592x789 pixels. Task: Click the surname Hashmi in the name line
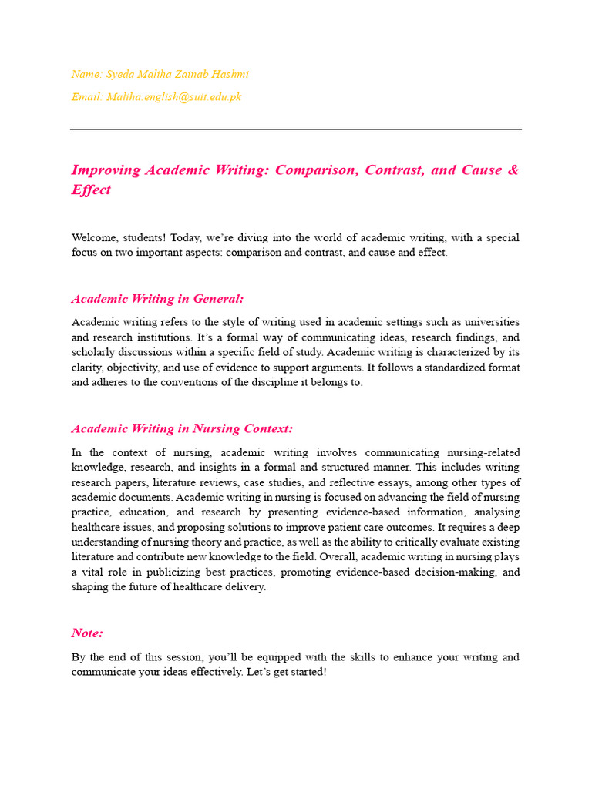click(x=230, y=74)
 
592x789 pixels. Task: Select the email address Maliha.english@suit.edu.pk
click(x=174, y=97)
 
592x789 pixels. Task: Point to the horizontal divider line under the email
click(x=296, y=129)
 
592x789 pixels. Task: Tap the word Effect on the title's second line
click(x=91, y=190)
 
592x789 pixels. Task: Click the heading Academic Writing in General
click(x=157, y=299)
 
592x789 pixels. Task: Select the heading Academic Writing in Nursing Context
click(x=182, y=429)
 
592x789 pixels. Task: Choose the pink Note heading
click(x=87, y=633)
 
